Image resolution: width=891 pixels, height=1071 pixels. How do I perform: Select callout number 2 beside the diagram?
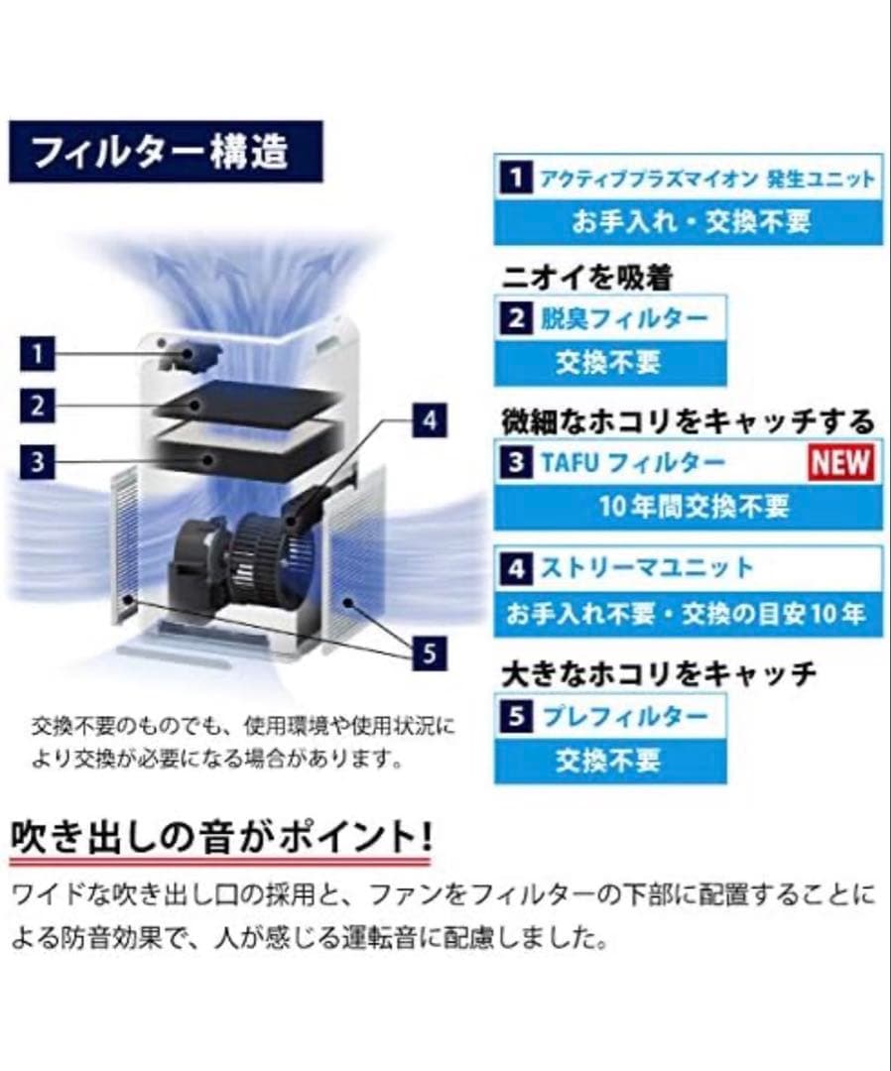(x=38, y=407)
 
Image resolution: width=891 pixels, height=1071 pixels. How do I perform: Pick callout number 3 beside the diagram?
(x=38, y=461)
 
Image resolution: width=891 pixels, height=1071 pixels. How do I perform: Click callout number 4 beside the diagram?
(x=429, y=420)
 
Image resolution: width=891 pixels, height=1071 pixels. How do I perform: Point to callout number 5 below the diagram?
(x=429, y=654)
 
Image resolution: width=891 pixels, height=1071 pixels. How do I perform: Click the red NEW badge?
(x=840, y=462)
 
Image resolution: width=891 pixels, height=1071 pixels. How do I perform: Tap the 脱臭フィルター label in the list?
(x=623, y=319)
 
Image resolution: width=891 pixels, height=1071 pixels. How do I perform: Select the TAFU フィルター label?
(x=632, y=462)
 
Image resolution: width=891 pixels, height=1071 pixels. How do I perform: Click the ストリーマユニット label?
(x=647, y=569)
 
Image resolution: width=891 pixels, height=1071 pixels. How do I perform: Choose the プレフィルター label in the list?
(x=624, y=716)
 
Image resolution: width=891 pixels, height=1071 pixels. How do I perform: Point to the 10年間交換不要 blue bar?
(x=688, y=507)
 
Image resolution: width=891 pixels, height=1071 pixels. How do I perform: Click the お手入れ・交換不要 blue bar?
(x=688, y=222)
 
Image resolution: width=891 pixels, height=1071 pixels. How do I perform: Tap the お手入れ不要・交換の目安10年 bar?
(x=688, y=614)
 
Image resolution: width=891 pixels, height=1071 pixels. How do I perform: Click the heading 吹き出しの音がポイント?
(x=220, y=835)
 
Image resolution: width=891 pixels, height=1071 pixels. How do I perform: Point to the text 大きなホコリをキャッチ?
(x=659, y=674)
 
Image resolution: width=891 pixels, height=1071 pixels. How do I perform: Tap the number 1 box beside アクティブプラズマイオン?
(x=515, y=178)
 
